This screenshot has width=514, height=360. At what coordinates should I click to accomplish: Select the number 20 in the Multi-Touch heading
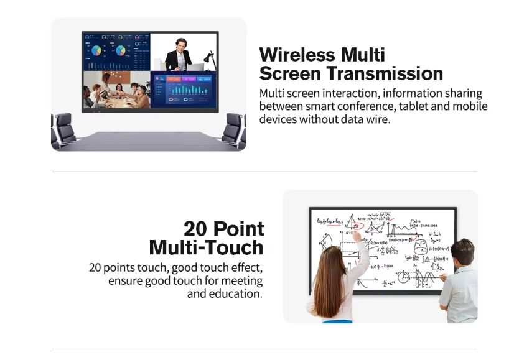click(x=197, y=228)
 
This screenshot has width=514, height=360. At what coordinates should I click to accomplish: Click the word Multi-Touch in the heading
click(x=206, y=247)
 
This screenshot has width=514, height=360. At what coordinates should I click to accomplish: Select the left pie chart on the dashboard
click(x=98, y=50)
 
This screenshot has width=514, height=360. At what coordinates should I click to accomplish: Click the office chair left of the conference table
click(x=62, y=129)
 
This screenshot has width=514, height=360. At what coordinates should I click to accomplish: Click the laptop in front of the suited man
click(x=194, y=67)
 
